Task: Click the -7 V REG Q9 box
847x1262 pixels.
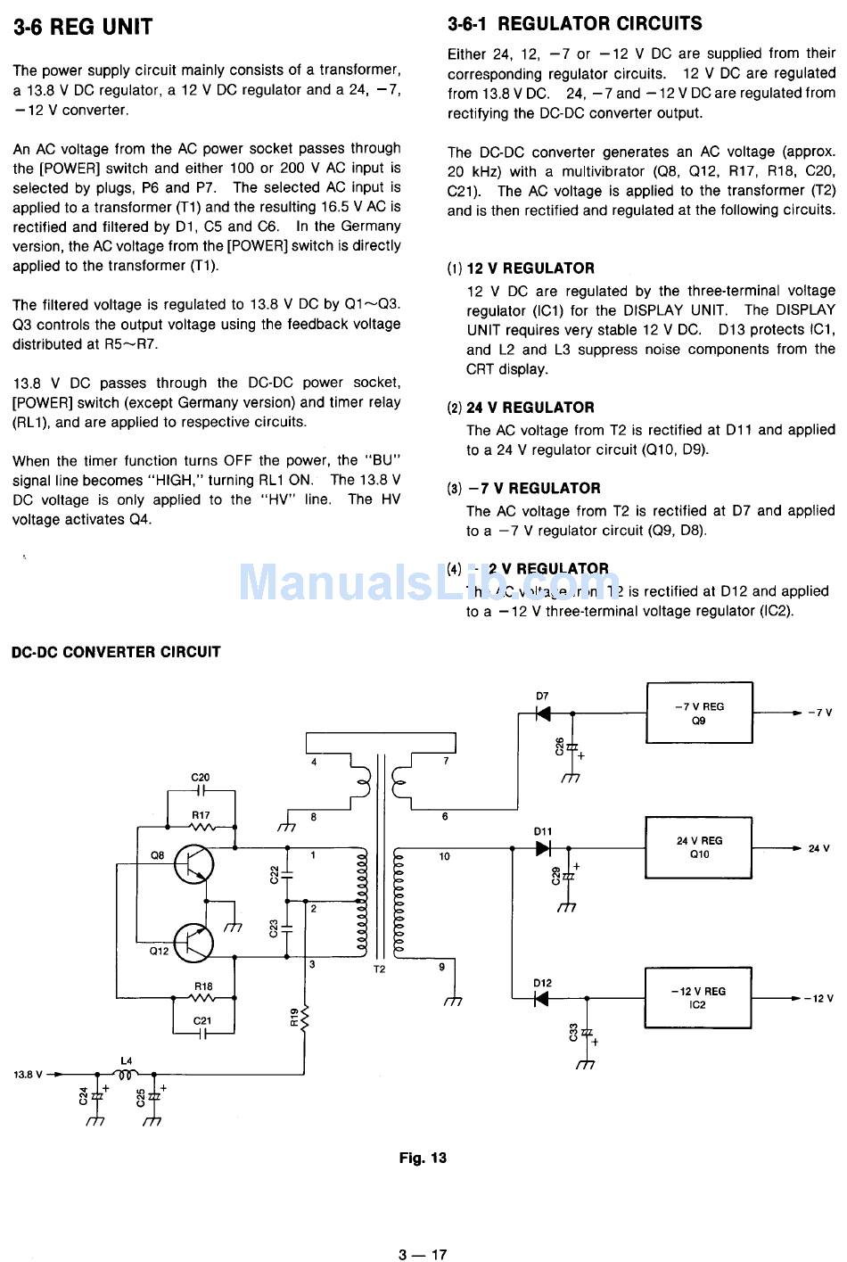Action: (x=699, y=713)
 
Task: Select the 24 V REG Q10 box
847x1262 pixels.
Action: (x=699, y=847)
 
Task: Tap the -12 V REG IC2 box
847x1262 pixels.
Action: (x=698, y=997)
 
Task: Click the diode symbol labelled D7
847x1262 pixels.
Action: (x=542, y=713)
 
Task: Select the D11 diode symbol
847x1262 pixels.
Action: (x=543, y=848)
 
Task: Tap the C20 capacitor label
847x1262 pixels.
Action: (x=201, y=778)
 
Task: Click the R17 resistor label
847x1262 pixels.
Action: (x=201, y=814)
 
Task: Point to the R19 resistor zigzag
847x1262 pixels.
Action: (x=305, y=1016)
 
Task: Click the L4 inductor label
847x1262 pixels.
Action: (x=126, y=1060)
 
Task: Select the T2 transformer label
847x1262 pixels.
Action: (x=379, y=969)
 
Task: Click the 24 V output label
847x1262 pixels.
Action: (x=818, y=848)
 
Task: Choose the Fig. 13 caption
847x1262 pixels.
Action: (x=423, y=1158)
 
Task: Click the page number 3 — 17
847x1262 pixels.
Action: (x=423, y=1254)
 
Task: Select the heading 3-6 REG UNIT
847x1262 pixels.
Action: (x=83, y=28)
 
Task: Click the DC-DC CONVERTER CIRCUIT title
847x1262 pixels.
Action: (x=116, y=652)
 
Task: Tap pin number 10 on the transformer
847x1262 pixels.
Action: (x=444, y=856)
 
